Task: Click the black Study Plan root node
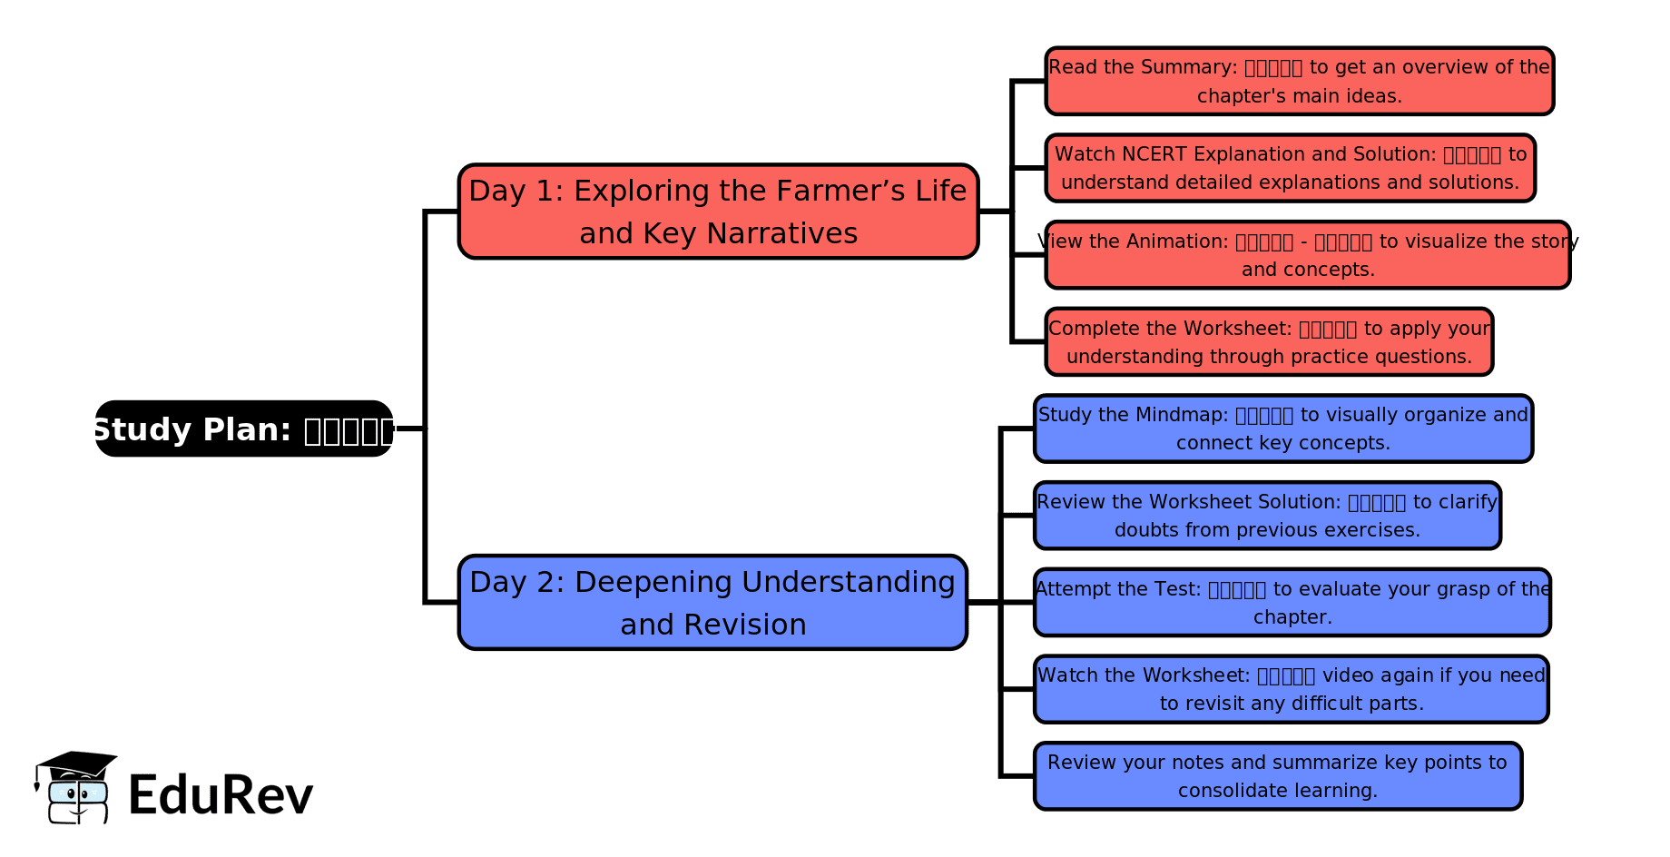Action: [x=243, y=428]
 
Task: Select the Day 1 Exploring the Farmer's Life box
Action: [x=718, y=212]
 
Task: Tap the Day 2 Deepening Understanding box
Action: [x=712, y=602]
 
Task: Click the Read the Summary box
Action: [x=1299, y=81]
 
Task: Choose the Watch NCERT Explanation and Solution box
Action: [x=1290, y=168]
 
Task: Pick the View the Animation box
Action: [x=1307, y=255]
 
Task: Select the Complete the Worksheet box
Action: [x=1269, y=342]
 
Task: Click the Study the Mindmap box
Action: [x=1282, y=428]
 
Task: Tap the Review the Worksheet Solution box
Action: [x=1267, y=516]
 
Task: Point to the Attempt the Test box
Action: [x=1292, y=602]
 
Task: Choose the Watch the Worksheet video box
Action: [x=1291, y=689]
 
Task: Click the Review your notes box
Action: [x=1277, y=776]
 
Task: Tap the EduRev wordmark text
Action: [x=221, y=795]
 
